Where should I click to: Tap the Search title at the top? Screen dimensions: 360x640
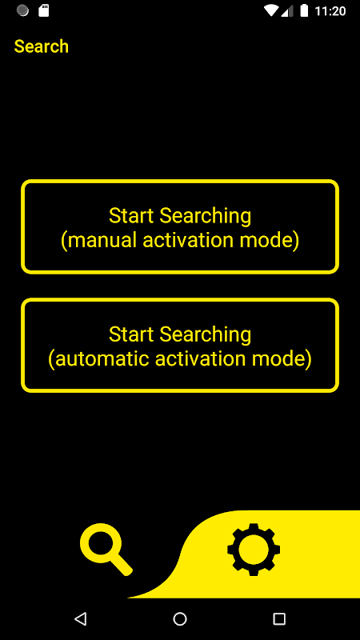pyautogui.click(x=42, y=46)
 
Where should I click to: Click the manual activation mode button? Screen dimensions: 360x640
pyautogui.click(x=180, y=226)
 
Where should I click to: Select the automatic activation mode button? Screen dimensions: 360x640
pyautogui.click(x=180, y=346)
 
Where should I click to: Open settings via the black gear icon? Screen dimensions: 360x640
pyautogui.click(x=254, y=550)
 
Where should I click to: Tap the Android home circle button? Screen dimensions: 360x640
pyautogui.click(x=180, y=619)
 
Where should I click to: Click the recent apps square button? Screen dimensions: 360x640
pyautogui.click(x=279, y=619)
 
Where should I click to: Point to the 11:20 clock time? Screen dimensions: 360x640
pyautogui.click(x=330, y=11)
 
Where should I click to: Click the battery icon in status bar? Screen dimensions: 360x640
pyautogui.click(x=304, y=10)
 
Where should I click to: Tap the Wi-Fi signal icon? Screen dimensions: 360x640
pyautogui.click(x=271, y=10)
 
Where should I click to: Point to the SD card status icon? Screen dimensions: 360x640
pyautogui.click(x=44, y=10)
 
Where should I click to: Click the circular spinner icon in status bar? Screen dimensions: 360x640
pyautogui.click(x=22, y=10)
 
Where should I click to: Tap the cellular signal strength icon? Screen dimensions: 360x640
pyautogui.click(x=287, y=11)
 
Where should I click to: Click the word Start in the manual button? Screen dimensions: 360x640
pyautogui.click(x=132, y=216)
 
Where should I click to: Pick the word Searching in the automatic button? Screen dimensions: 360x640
pyautogui.click(x=206, y=335)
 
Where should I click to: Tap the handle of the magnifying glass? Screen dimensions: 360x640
pyautogui.click(x=121, y=565)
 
